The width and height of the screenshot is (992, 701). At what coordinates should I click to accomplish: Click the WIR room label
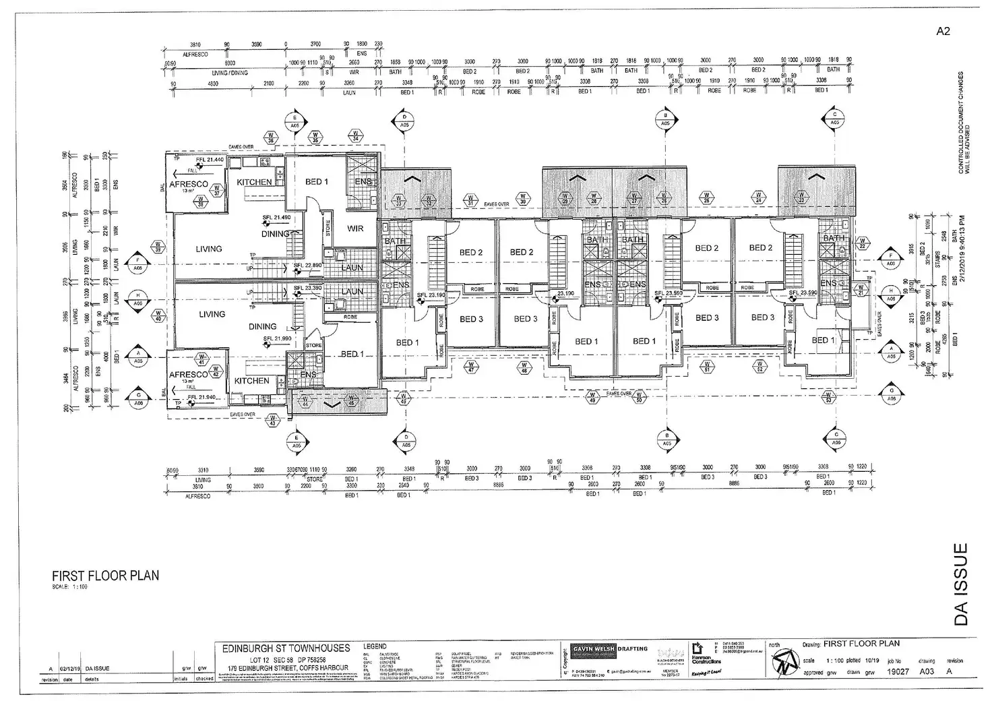[355, 228]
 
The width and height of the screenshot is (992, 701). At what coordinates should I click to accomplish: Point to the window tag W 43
[273, 421]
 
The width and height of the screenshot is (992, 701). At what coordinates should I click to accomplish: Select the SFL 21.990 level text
[277, 339]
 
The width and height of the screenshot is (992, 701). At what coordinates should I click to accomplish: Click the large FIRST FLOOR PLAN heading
[106, 576]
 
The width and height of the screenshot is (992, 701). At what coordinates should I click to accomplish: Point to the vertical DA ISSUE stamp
[962, 584]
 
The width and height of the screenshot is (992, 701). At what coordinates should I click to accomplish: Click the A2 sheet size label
[943, 31]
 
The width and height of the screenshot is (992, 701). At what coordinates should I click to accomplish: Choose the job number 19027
[898, 671]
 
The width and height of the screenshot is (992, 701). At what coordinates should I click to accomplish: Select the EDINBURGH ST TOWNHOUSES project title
[286, 648]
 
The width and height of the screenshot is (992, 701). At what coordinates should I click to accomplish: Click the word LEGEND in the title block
[375, 646]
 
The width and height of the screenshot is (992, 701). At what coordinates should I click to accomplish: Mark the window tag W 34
[355, 136]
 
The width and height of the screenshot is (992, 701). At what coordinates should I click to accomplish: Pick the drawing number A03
[928, 671]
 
